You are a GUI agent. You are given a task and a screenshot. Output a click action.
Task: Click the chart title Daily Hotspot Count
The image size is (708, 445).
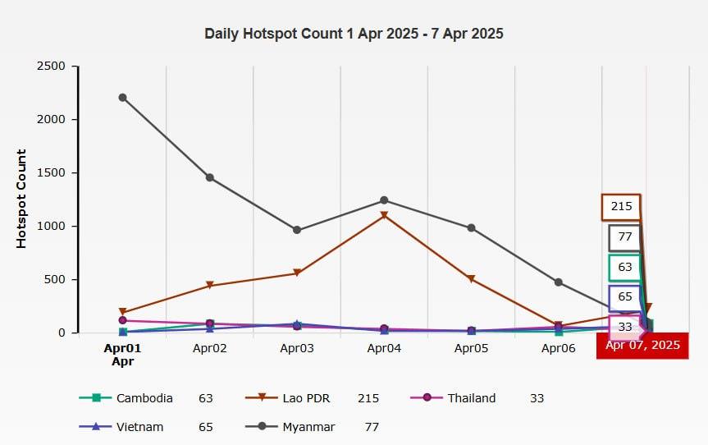click(x=354, y=34)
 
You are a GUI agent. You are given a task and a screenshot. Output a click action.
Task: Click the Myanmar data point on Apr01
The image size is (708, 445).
click(x=122, y=97)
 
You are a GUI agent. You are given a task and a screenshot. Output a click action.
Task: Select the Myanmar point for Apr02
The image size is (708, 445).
click(x=210, y=177)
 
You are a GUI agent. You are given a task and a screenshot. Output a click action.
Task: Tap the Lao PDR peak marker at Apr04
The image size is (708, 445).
click(x=384, y=216)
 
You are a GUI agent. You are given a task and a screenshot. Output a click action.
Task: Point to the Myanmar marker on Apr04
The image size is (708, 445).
click(x=384, y=200)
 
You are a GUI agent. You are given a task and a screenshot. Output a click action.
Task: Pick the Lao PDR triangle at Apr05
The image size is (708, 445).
click(x=471, y=280)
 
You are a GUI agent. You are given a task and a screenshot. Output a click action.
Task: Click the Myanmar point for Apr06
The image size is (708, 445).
click(x=559, y=282)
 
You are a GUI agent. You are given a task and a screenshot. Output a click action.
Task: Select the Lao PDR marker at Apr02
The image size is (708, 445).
click(x=210, y=286)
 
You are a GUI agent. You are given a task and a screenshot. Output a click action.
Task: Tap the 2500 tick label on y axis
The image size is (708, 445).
click(x=52, y=67)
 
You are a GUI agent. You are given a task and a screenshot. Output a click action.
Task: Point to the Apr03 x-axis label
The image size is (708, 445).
click(x=297, y=348)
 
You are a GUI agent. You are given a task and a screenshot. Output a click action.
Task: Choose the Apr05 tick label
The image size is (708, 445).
click(x=471, y=348)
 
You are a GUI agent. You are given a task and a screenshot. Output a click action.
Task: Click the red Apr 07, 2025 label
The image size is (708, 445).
click(x=642, y=346)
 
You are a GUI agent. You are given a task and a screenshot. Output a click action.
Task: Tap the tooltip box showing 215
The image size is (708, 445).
click(x=621, y=207)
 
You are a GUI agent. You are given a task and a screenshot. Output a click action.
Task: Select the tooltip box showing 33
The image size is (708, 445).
click(x=625, y=327)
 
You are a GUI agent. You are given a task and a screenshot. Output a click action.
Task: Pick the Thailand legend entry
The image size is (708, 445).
click(x=471, y=398)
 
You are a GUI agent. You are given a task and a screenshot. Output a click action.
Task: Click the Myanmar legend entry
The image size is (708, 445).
click(x=307, y=427)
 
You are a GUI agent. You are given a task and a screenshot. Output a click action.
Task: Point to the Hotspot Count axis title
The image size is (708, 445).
click(x=22, y=199)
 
